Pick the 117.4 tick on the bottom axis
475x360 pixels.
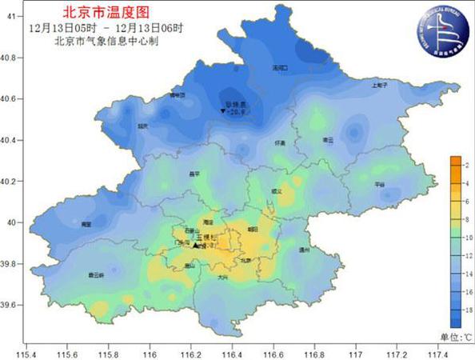pyautogui.click(x=437, y=352)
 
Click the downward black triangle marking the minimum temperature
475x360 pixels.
pyautogui.click(x=222, y=112)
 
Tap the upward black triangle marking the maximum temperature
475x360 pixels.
pyautogui.click(x=195, y=246)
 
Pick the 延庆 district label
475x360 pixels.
pyautogui.click(x=142, y=126)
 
